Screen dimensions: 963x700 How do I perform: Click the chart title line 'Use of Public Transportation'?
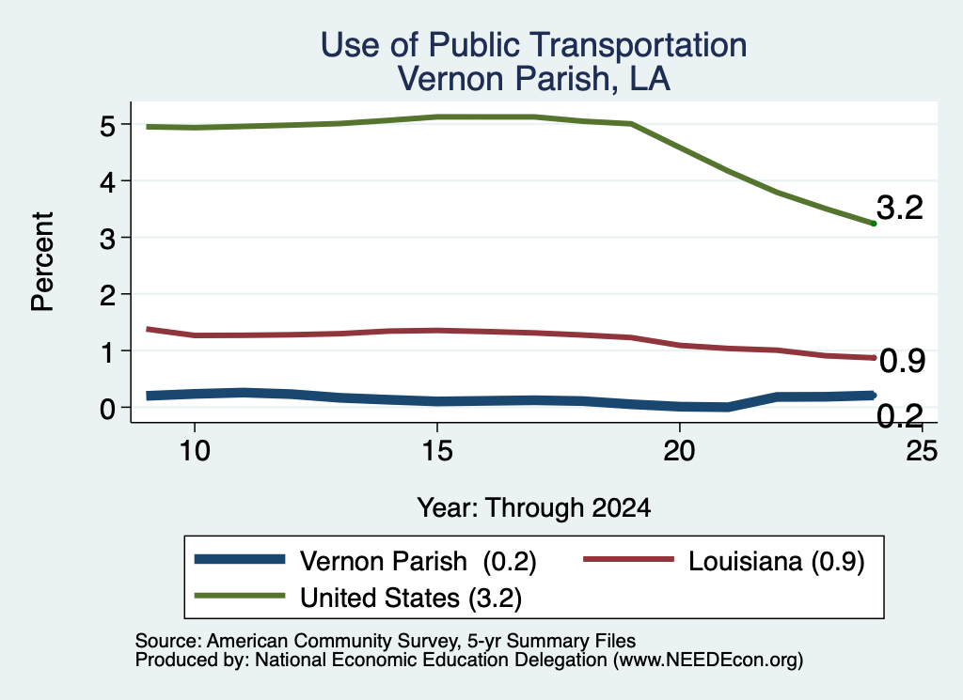534,45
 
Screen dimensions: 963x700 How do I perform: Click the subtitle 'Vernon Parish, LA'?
534,79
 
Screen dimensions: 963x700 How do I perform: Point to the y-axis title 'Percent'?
42,261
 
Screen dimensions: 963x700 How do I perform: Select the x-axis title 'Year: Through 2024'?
534,508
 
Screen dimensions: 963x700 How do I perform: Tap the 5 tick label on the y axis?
107,127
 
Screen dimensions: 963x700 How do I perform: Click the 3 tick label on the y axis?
107,239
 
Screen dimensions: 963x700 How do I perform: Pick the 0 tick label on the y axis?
107,409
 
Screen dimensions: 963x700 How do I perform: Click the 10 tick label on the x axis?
195,451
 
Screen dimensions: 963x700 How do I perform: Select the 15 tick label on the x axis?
437,451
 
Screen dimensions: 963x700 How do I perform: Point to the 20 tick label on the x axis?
679,451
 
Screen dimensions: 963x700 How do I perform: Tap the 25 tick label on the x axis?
922,451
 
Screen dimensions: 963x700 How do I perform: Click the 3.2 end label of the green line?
900,208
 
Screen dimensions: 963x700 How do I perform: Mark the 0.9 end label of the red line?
902,361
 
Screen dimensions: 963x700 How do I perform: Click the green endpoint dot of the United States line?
874,224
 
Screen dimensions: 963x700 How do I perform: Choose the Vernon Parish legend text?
418,561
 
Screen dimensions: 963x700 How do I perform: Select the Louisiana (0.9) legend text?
776,561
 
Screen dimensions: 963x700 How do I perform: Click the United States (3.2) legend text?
411,599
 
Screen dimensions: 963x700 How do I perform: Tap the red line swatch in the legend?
628,559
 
